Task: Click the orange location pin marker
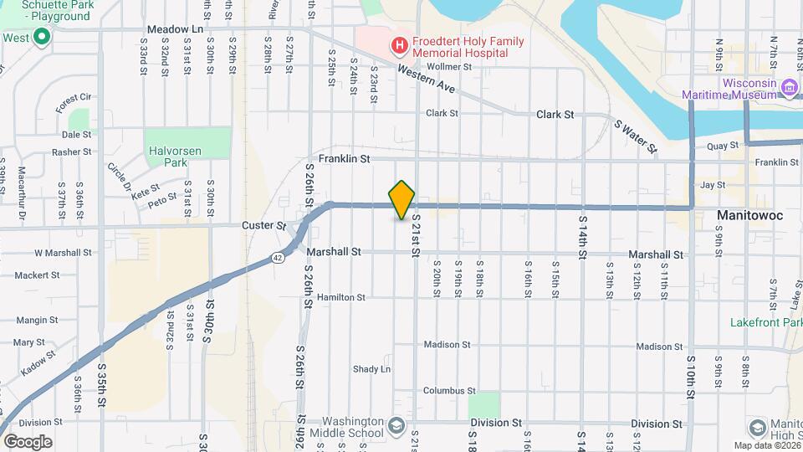(x=402, y=199)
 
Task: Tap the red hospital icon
(x=400, y=45)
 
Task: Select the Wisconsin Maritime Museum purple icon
(x=788, y=86)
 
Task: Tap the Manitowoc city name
(x=749, y=216)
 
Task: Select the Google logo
(x=28, y=441)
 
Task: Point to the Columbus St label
(x=448, y=391)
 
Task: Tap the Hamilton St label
(x=340, y=297)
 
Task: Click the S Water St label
(x=635, y=136)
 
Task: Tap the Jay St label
(x=712, y=185)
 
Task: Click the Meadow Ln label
(x=176, y=30)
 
